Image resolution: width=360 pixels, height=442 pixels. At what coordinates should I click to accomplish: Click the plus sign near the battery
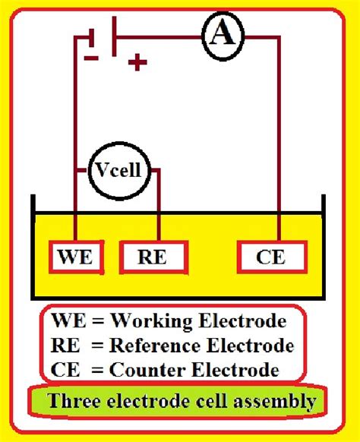[137, 62]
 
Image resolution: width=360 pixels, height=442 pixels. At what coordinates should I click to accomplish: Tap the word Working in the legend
[142, 319]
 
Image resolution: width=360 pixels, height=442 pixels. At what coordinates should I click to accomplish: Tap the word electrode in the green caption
[145, 402]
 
